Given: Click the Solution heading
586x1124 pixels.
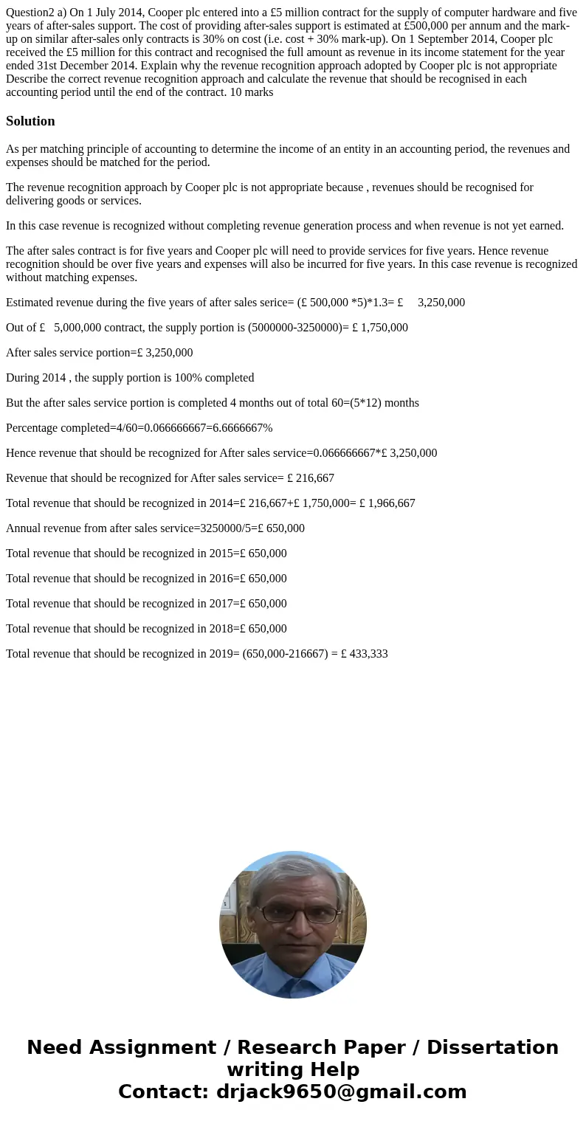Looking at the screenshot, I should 30,121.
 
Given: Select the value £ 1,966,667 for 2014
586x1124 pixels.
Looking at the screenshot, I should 387,503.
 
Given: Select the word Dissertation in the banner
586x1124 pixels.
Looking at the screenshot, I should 492,1047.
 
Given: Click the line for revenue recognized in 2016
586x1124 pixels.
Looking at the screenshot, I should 146,579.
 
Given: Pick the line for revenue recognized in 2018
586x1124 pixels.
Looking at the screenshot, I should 146,629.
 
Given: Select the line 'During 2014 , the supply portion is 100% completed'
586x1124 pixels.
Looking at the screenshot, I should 130,378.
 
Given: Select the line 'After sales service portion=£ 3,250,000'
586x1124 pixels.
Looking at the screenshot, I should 99,353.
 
